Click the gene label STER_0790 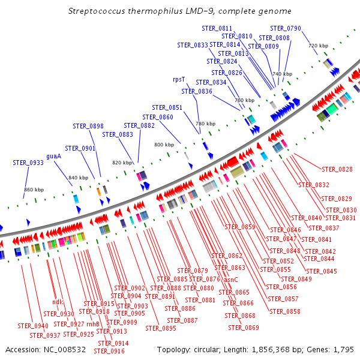click(286, 28)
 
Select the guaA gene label click(54, 156)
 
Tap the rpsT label click(179, 79)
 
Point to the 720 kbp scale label click(318, 46)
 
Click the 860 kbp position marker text click(34, 190)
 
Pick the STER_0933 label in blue click(28, 163)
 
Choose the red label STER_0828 click(337, 169)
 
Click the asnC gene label click(231, 280)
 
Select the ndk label click(58, 302)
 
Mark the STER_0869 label click(244, 328)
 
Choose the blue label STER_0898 click(88, 126)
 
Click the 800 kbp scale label click(163, 145)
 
